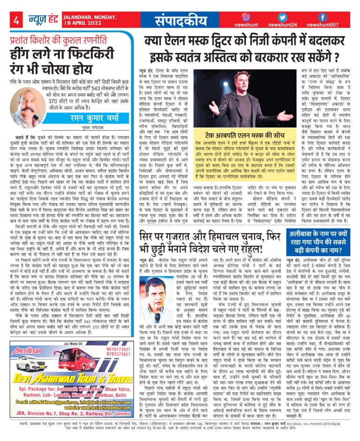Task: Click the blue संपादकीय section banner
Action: point(184,21)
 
